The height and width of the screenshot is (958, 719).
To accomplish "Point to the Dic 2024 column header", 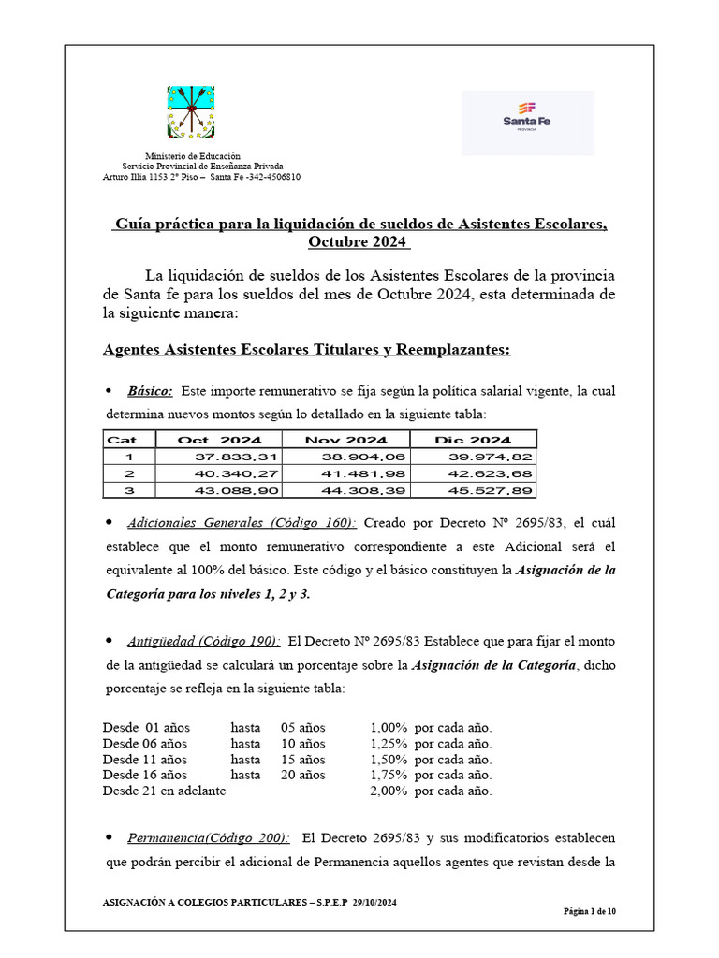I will point(473,440).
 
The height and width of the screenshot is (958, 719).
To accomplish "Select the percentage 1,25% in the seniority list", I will point(388,744).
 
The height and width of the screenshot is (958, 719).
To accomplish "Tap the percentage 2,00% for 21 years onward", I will point(388,791).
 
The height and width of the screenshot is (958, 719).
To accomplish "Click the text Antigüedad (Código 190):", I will point(203,641).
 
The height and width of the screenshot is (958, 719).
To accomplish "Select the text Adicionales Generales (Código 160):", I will point(242,522).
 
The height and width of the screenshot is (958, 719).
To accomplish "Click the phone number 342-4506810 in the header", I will point(273,177).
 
